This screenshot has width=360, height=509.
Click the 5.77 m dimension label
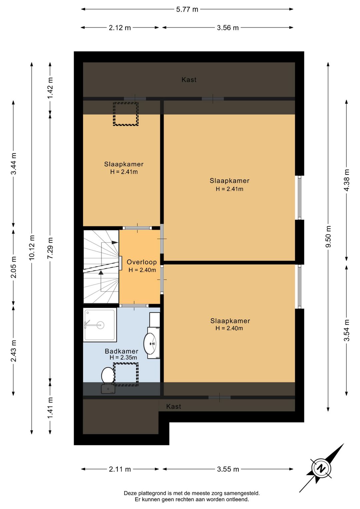click(187, 9)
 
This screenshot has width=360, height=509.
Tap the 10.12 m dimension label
click(32, 247)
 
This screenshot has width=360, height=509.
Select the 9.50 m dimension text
click(328, 236)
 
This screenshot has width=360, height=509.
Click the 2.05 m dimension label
click(13, 267)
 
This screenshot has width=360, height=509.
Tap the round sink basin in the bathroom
click(150, 343)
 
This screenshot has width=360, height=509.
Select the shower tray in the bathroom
click(100, 325)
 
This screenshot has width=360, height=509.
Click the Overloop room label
click(142, 262)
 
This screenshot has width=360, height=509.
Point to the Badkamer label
click(122, 351)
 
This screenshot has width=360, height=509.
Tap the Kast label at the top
click(189, 79)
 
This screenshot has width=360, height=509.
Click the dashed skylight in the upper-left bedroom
click(126, 114)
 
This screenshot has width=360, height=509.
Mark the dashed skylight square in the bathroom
click(126, 374)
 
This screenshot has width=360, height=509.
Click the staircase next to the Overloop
click(101, 267)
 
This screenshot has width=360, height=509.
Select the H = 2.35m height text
click(123, 358)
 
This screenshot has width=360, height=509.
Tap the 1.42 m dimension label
click(50, 88)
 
